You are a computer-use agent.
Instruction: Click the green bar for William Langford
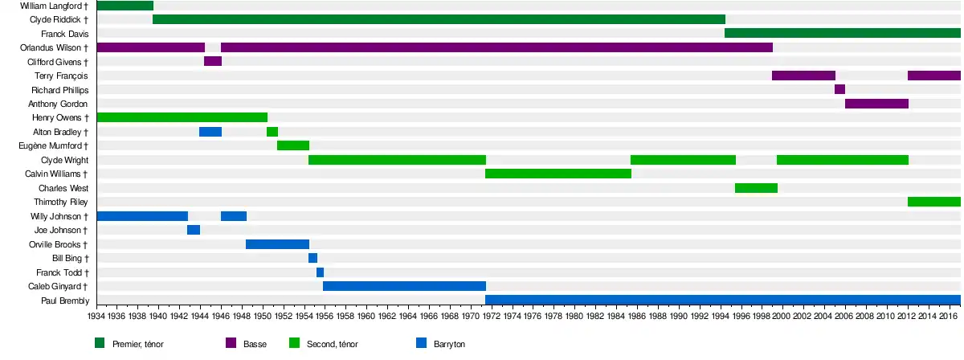pyautogui.click(x=125, y=6)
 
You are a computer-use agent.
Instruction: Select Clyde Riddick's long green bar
pyautogui.click(x=439, y=19)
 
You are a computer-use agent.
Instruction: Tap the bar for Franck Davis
pyautogui.click(x=842, y=33)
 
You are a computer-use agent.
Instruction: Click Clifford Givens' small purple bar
pyautogui.click(x=213, y=61)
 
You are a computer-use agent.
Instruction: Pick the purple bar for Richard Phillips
pyautogui.click(x=839, y=89)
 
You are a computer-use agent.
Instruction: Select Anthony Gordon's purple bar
pyautogui.click(x=876, y=104)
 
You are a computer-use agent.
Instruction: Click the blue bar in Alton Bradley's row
pyautogui.click(x=210, y=132)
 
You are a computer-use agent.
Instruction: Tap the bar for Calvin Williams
pyautogui.click(x=558, y=174)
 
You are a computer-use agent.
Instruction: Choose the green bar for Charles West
pyautogui.click(x=756, y=188)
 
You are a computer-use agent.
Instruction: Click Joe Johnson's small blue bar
pyautogui.click(x=194, y=230)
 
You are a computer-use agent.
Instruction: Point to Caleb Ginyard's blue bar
pyautogui.click(x=404, y=286)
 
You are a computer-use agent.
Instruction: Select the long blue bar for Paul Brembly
pyautogui.click(x=723, y=300)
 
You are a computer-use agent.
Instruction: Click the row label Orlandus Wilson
pyautogui.click(x=54, y=47)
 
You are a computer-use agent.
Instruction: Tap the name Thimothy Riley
pyautogui.click(x=61, y=202)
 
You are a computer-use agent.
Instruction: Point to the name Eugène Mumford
pyautogui.click(x=53, y=145)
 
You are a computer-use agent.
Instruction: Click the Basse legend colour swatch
pyautogui.click(x=231, y=343)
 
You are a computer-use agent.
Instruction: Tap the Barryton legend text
pyautogui.click(x=449, y=344)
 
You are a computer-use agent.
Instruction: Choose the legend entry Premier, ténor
pyautogui.click(x=139, y=344)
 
